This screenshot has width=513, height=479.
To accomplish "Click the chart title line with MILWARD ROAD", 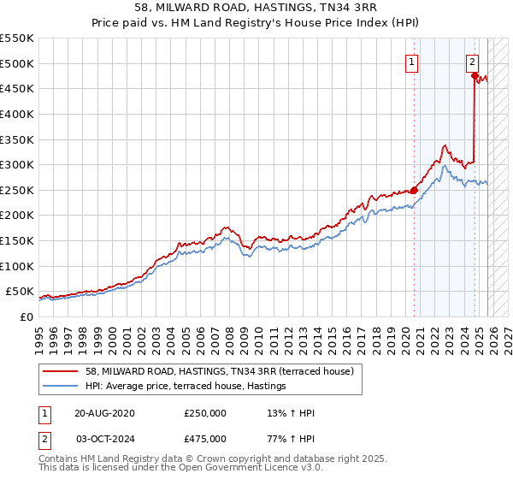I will click(257, 9).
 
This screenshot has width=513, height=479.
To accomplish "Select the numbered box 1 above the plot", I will click(412, 62).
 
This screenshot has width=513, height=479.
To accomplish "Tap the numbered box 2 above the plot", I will click(472, 62).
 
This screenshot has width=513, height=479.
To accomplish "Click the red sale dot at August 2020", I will click(415, 190).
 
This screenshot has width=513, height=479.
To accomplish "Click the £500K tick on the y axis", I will click(17, 63).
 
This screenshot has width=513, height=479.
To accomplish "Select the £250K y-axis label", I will click(17, 190).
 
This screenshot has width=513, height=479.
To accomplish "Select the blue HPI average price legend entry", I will click(190, 387).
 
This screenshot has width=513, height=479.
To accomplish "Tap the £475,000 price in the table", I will click(205, 438).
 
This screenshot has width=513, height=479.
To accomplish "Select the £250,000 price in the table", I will click(205, 413).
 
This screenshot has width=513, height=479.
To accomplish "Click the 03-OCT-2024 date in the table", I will click(104, 438).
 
